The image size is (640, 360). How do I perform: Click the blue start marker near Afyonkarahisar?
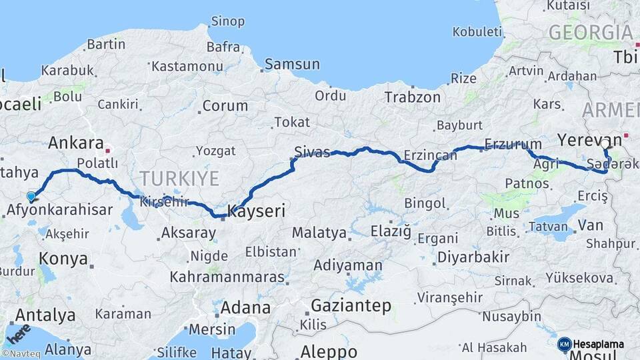(31, 196)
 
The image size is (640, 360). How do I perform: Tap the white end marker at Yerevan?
(605, 143)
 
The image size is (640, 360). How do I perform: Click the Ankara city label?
(75, 143)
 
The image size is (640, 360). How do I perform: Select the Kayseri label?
(257, 212)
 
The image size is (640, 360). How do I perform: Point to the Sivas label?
(312, 152)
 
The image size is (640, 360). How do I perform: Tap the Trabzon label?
(412, 97)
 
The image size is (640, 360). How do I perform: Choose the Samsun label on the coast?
(292, 65)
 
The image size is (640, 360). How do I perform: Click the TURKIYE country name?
(179, 178)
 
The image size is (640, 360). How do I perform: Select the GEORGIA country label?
(590, 32)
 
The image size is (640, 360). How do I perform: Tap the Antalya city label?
(45, 315)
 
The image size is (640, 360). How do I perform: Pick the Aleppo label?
(329, 351)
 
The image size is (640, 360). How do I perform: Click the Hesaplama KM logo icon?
(564, 344)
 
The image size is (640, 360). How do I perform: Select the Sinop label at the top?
(227, 21)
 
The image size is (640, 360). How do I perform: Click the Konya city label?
(63, 259)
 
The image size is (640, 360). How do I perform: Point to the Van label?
(591, 225)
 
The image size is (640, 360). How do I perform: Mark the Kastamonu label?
(187, 66)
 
